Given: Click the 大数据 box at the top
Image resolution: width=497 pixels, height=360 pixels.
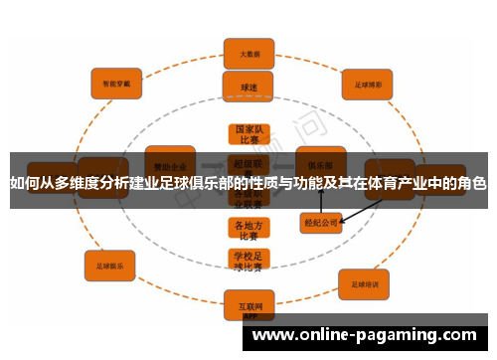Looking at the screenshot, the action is [249, 53].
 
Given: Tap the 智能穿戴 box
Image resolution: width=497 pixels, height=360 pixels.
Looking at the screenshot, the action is [116, 83].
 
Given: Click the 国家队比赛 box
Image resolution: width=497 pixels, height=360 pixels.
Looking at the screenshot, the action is [248, 135].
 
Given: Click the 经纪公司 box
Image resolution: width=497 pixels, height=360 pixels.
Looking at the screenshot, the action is [321, 223].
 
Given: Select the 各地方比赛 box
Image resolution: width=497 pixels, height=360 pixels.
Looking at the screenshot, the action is [248, 230].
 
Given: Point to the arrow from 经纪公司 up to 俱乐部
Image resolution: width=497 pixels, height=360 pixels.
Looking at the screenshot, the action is [321, 199].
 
